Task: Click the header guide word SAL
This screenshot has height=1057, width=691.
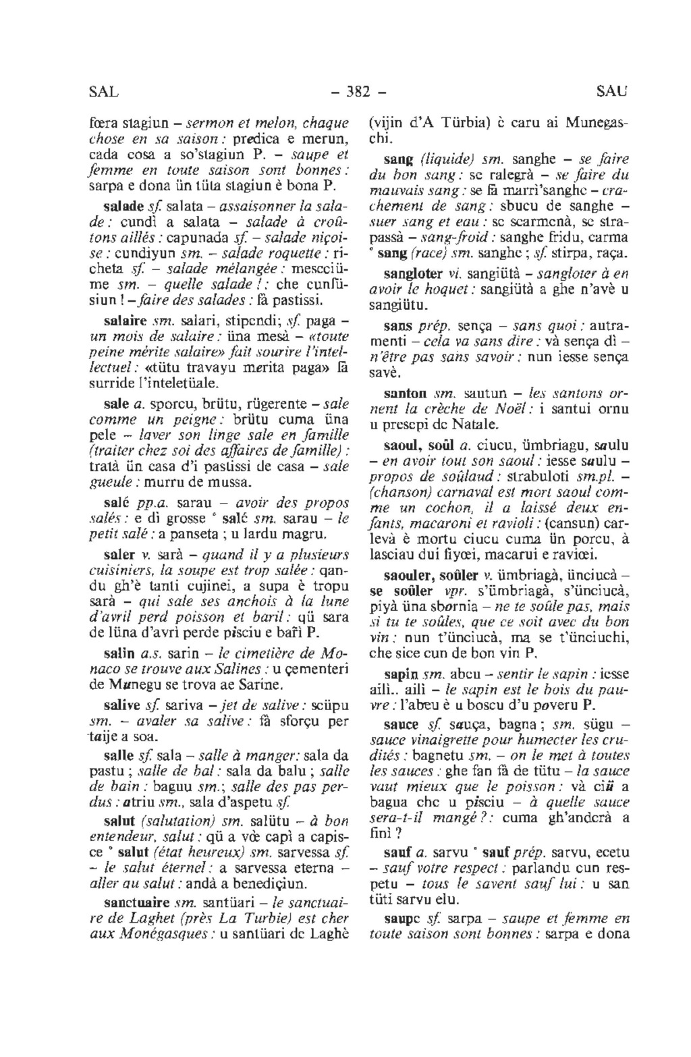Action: pyautogui.click(x=103, y=91)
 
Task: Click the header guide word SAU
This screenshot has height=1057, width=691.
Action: pyautogui.click(x=613, y=91)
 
